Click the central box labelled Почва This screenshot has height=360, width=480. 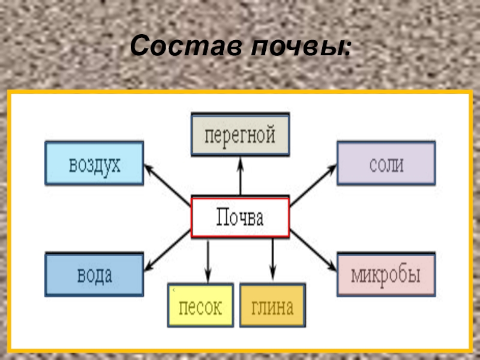pos(240,217)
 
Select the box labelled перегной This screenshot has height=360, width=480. pos(240,134)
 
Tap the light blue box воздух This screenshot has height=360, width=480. pos(94,163)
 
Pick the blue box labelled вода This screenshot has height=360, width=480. pos(94,274)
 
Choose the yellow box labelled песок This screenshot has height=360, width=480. pos(200,305)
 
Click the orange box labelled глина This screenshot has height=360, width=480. pos(272,305)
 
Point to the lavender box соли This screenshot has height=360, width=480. pos(386,163)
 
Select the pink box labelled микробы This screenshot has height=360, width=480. pos(386,274)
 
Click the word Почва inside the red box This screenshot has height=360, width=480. pos(240,217)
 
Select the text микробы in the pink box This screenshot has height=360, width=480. pos(386,275)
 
